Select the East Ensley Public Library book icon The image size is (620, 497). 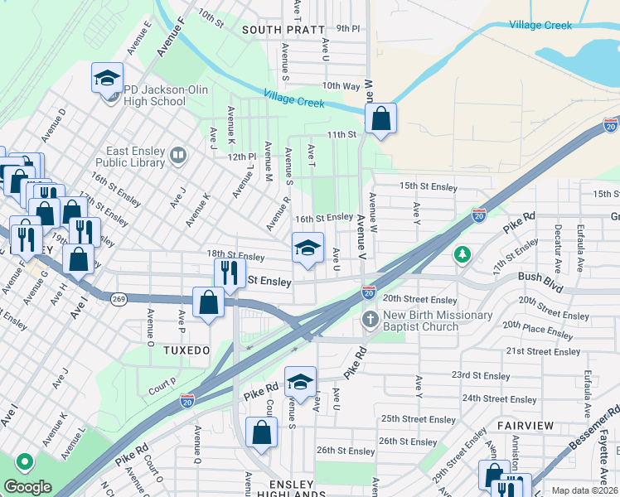177,155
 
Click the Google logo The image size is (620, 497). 27,486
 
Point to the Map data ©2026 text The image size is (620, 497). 584,490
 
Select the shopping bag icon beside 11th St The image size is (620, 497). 380,118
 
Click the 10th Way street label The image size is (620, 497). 341,85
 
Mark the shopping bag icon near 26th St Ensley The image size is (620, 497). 262,434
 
